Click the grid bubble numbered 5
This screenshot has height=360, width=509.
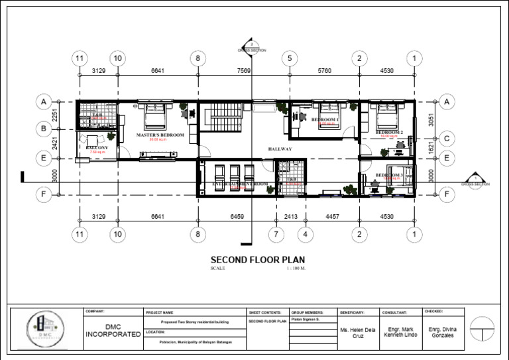coord(290,59)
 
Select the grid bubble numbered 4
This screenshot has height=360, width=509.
coord(306,235)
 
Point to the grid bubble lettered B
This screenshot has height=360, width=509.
coord(43,129)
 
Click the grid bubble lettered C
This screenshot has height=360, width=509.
coord(447,139)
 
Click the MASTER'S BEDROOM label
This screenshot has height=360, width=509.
coord(158,135)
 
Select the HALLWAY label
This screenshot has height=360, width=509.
coord(280,149)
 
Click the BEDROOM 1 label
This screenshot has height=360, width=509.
coord(325,119)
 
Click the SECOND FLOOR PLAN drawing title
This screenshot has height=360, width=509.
coord(258,260)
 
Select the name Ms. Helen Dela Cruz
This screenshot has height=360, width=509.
coord(357,332)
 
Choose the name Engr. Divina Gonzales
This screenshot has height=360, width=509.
coord(442,332)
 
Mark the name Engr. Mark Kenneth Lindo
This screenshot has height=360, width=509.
coord(400,332)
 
